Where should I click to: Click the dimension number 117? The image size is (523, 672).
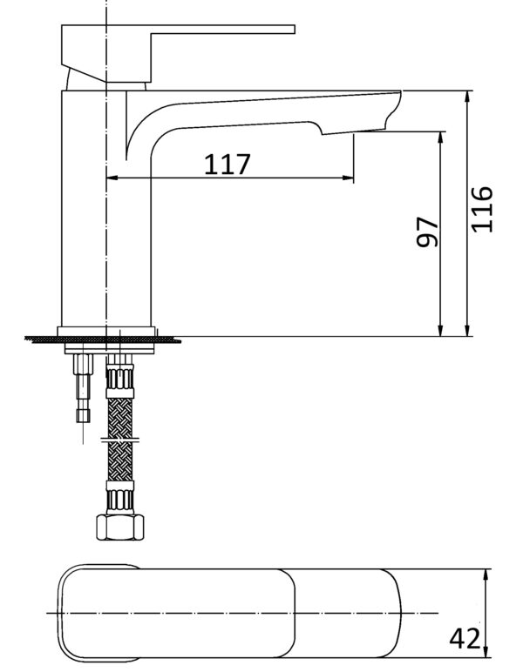227,165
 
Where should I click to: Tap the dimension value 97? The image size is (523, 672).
428,232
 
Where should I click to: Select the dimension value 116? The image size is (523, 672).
481,209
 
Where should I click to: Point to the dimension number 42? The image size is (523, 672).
465,638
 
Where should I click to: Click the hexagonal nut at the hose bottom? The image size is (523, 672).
119,528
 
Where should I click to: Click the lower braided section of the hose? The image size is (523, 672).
119,460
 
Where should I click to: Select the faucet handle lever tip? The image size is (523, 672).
293,29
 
